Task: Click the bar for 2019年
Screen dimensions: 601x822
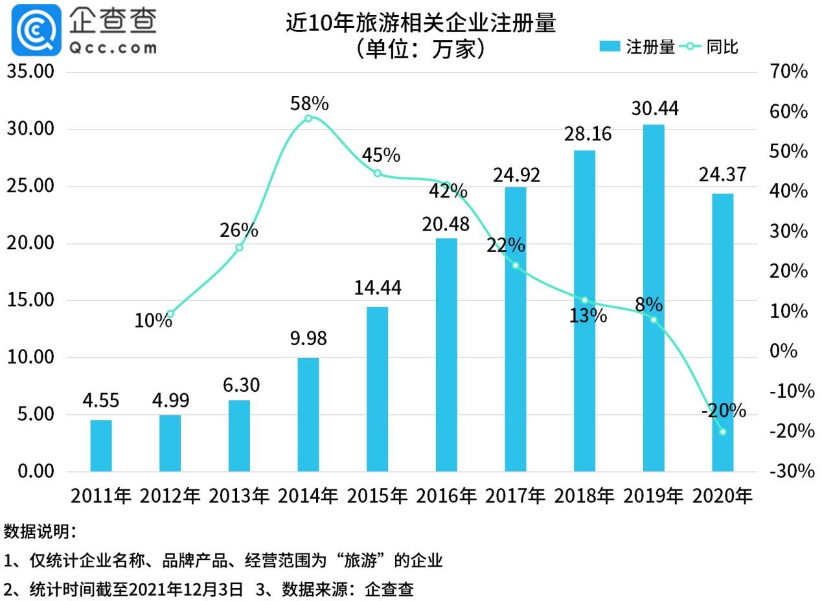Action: pos(654,298)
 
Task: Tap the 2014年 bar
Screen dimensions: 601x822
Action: pos(308,414)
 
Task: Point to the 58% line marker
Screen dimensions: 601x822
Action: pos(308,118)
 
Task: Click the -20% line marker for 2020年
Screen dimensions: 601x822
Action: pos(723,431)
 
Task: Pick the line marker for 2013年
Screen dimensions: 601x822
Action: pos(239,247)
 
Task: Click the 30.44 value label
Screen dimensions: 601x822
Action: pos(655,108)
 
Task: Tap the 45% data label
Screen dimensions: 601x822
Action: pos(381,155)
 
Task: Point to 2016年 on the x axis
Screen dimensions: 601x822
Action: pos(446,496)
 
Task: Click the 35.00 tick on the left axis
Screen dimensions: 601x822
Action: pos(30,71)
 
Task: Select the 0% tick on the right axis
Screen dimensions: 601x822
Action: pos(782,351)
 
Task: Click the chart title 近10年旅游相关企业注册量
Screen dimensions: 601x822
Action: pos(421,23)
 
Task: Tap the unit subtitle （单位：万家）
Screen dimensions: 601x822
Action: pos(420,49)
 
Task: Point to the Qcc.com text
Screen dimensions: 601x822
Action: pos(112,47)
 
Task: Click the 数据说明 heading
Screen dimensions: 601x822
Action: pos(40,532)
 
